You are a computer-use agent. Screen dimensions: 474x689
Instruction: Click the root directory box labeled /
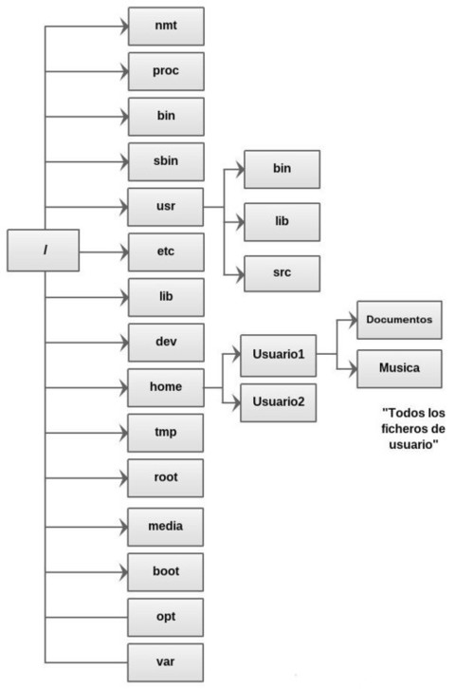point(44,250)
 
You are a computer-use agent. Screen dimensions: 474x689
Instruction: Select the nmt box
point(166,26)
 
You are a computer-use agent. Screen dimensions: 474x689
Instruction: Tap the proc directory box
point(166,71)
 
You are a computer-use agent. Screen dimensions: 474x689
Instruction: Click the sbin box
point(166,161)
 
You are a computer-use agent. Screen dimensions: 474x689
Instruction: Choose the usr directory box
point(166,207)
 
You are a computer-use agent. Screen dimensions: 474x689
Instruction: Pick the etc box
point(166,252)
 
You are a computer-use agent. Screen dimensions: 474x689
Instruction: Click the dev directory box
point(166,343)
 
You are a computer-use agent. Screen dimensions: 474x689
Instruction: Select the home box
point(166,387)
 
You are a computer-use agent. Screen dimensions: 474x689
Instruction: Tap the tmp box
point(166,433)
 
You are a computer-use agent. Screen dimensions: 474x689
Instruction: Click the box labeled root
point(166,478)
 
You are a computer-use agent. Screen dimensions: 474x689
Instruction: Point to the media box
point(166,527)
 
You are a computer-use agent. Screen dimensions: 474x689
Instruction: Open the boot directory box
point(166,572)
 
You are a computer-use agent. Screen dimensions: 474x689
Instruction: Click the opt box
point(166,618)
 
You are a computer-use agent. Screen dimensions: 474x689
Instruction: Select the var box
point(166,662)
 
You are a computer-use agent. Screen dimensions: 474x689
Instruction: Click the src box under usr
point(282,273)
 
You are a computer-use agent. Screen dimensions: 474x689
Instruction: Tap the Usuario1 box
point(279,356)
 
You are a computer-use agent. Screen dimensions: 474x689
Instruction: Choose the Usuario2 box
point(279,403)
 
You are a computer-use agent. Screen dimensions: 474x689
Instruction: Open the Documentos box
point(399,320)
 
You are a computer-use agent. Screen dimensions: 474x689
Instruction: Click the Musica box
point(399,368)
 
